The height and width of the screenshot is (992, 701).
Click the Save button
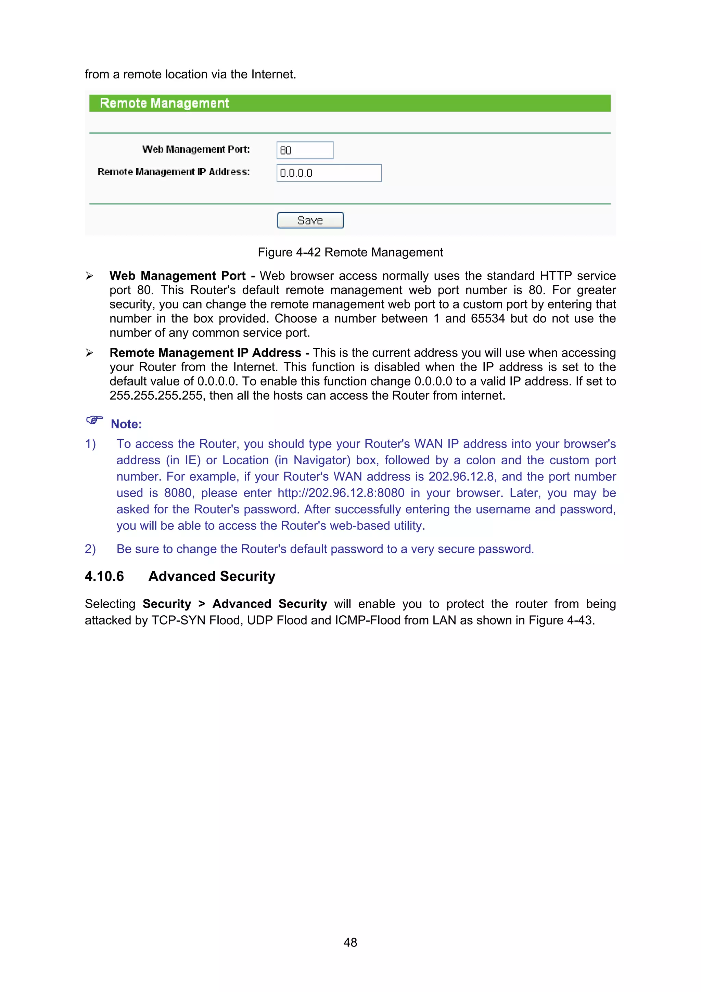coord(310,220)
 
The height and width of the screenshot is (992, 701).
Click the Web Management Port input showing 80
coord(305,150)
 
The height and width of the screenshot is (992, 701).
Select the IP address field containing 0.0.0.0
coord(329,173)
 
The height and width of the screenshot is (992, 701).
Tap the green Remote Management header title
coord(164,103)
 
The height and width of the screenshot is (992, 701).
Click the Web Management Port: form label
coord(196,150)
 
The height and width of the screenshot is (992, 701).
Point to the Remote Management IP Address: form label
coord(174,172)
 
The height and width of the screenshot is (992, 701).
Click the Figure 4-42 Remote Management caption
coord(350,252)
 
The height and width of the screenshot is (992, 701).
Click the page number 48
coord(350,942)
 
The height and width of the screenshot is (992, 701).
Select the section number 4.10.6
coord(104,576)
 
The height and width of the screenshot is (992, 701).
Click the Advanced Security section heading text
coord(212,576)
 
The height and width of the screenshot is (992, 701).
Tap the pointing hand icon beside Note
coord(94,420)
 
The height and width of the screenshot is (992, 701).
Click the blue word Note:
coord(126,424)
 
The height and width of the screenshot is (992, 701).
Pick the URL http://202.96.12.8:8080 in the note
coord(341,493)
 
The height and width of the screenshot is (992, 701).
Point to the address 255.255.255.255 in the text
coord(156,396)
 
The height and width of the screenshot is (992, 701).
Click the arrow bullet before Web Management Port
coord(89,276)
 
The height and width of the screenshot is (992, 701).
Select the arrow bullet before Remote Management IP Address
coord(89,353)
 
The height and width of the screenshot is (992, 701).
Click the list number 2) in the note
coord(90,549)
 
